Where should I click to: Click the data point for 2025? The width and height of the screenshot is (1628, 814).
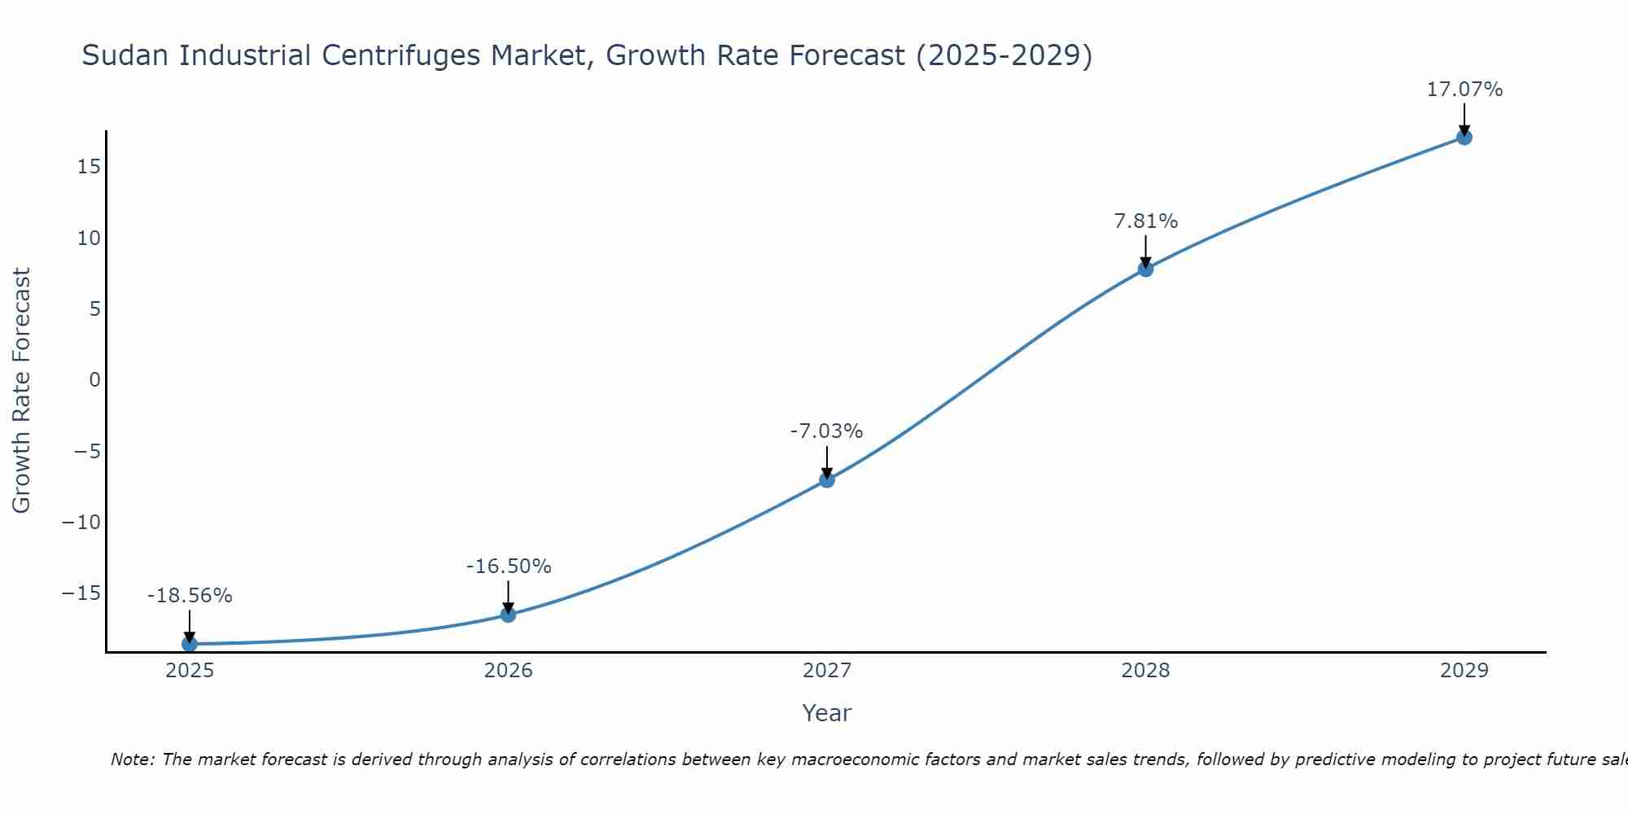pos(190,644)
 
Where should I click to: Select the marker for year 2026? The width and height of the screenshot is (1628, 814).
pos(508,615)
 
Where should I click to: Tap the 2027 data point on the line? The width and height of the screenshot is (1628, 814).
pos(827,480)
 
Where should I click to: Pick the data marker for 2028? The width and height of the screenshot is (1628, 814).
pos(1145,269)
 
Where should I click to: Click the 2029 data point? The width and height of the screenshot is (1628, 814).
pos(1464,138)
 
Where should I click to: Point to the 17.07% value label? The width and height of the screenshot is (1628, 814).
pos(1464,90)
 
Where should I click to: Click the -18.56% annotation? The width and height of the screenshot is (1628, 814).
pos(190,596)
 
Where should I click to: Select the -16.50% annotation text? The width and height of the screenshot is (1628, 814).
pos(508,567)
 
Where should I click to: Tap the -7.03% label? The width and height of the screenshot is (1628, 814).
pos(826,431)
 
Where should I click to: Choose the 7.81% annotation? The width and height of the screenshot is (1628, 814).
pos(1145,221)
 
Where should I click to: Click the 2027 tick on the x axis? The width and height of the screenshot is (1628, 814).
pos(827,671)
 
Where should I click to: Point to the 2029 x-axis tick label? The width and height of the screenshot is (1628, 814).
pos(1464,671)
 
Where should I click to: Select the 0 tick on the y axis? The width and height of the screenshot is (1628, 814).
pos(95,380)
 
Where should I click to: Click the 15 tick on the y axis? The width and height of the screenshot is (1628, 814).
pos(90,167)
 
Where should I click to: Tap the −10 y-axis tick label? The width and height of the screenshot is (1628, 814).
pos(81,523)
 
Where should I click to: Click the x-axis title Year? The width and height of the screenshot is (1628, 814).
pos(826,713)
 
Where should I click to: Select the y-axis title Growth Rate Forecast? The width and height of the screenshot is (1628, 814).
pos(21,391)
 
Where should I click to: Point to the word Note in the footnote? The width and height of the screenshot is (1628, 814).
pos(131,759)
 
